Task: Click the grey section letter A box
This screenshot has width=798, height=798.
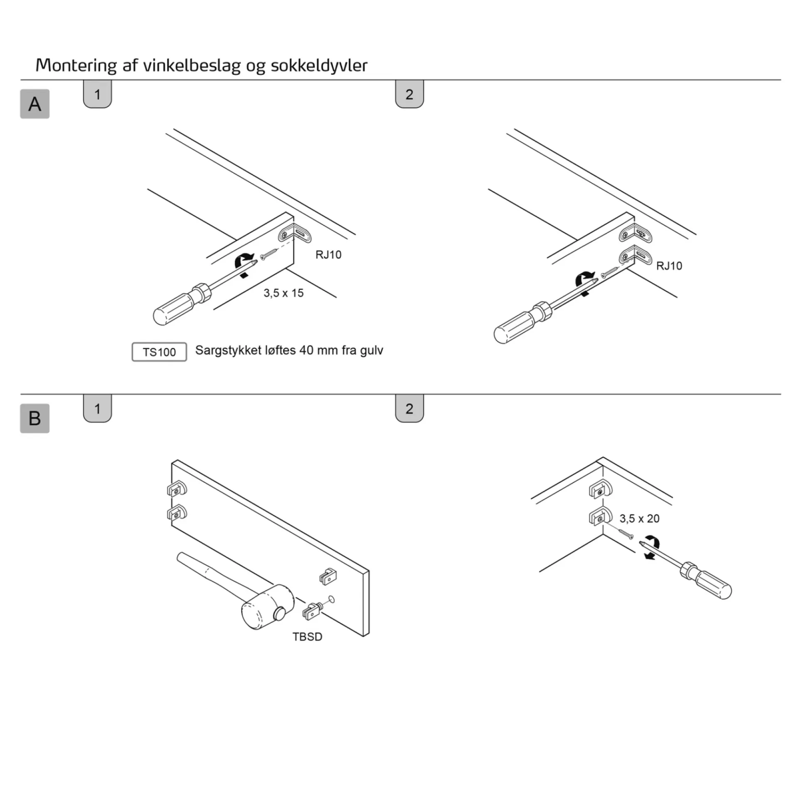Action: coord(35,104)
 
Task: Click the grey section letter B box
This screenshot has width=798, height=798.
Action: coord(35,418)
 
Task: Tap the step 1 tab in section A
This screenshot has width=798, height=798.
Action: coord(98,94)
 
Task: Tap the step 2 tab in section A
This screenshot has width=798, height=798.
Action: coord(409,94)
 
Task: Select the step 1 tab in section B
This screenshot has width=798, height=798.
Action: coord(98,409)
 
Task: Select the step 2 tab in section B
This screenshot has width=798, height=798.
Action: coord(409,409)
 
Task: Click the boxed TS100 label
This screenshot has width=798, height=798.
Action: coord(159,352)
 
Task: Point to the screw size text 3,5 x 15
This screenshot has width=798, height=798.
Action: coord(283,293)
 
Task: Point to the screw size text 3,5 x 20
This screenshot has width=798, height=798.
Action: coord(640,518)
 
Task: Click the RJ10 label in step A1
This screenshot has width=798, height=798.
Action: coord(328,255)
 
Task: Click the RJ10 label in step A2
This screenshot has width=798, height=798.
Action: coord(669,266)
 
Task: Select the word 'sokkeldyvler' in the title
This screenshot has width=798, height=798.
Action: coord(319,65)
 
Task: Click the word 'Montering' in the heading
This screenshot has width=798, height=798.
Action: coord(76,65)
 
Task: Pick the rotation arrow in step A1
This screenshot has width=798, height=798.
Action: coord(244,261)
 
